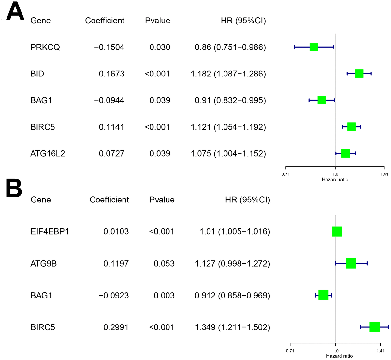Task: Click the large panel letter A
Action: click(15, 12)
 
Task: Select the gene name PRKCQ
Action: click(45, 47)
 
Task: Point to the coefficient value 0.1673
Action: click(111, 74)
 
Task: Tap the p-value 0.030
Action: click(160, 47)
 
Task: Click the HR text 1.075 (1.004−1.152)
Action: click(228, 153)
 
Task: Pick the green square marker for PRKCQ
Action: click(313, 47)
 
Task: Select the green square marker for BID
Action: click(359, 74)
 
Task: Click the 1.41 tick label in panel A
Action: click(384, 174)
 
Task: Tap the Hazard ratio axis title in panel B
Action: click(339, 356)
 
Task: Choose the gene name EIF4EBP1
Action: click(50, 232)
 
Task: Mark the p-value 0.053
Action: click(164, 263)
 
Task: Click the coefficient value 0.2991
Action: click(116, 327)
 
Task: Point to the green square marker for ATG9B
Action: click(351, 263)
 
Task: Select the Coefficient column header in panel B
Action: click(109, 200)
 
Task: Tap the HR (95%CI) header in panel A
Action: click(243, 21)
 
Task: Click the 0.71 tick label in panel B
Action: click(290, 351)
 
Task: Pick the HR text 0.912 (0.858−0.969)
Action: click(232, 295)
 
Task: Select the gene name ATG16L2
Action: click(48, 153)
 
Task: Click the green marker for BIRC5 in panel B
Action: click(375, 327)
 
